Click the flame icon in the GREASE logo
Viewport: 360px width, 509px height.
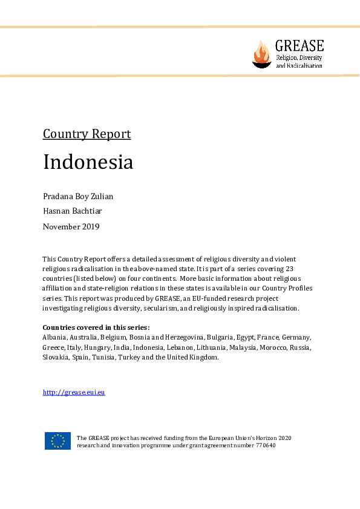tap(262, 53)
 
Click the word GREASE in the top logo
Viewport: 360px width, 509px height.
tap(299, 45)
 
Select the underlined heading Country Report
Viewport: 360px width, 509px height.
tap(87, 134)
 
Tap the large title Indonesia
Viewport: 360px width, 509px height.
tap(88, 162)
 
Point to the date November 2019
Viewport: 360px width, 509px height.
tap(71, 226)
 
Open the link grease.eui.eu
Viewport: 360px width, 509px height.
tap(74, 392)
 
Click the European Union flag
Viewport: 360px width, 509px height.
tap(57, 441)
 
